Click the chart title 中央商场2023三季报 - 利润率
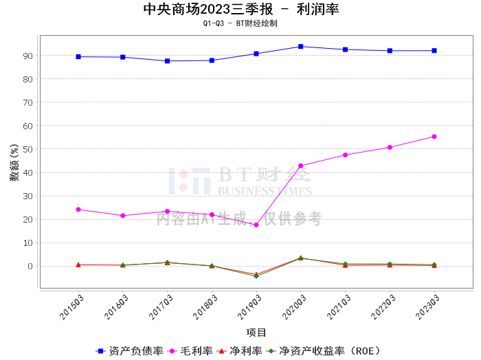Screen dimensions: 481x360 pos(241,10)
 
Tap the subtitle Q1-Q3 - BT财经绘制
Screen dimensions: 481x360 pos(240,23)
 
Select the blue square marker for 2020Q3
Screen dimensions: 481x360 pos(301,46)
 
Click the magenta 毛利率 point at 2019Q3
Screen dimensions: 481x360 pos(256,225)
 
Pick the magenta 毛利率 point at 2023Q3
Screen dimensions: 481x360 pos(434,137)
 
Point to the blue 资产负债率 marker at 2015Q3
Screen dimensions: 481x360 pos(78,56)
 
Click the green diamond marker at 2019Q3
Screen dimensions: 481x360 pos(256,276)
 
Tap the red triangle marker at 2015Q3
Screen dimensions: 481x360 pos(78,265)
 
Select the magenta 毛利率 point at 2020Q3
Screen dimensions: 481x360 pos(301,166)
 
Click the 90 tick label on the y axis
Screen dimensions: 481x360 pos(27,56)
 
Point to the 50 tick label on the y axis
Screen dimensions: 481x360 pos(27,149)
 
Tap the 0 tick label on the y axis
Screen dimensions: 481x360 pos(30,267)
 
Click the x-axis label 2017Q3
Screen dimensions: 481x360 pos(160,307)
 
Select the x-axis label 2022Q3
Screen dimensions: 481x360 pos(383,307)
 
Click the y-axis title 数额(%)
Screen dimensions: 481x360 pos(14,163)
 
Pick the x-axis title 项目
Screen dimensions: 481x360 pos(256,333)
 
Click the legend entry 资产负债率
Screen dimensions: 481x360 pos(129,351)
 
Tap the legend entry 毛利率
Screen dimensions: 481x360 pos(190,351)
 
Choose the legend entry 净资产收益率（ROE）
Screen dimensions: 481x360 pos(324,351)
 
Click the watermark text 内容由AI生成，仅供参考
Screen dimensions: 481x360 pos(239,219)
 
